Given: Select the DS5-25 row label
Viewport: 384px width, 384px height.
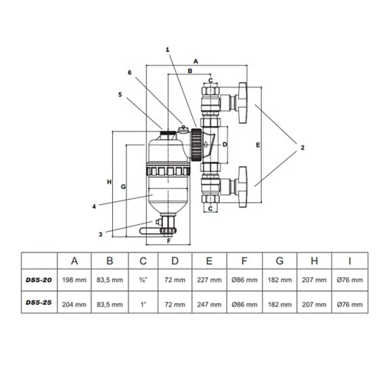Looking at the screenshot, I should click(x=38, y=304).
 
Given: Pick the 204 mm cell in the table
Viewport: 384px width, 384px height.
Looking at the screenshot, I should click(x=74, y=304).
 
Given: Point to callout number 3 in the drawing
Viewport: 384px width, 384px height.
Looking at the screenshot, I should click(x=99, y=234).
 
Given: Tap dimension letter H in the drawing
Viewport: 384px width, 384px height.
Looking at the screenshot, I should click(x=110, y=182).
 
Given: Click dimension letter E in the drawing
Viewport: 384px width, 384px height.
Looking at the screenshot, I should click(x=258, y=144).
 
